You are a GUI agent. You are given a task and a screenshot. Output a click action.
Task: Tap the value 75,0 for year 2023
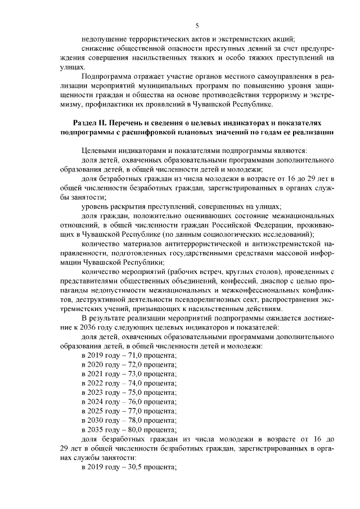coord(133,393)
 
